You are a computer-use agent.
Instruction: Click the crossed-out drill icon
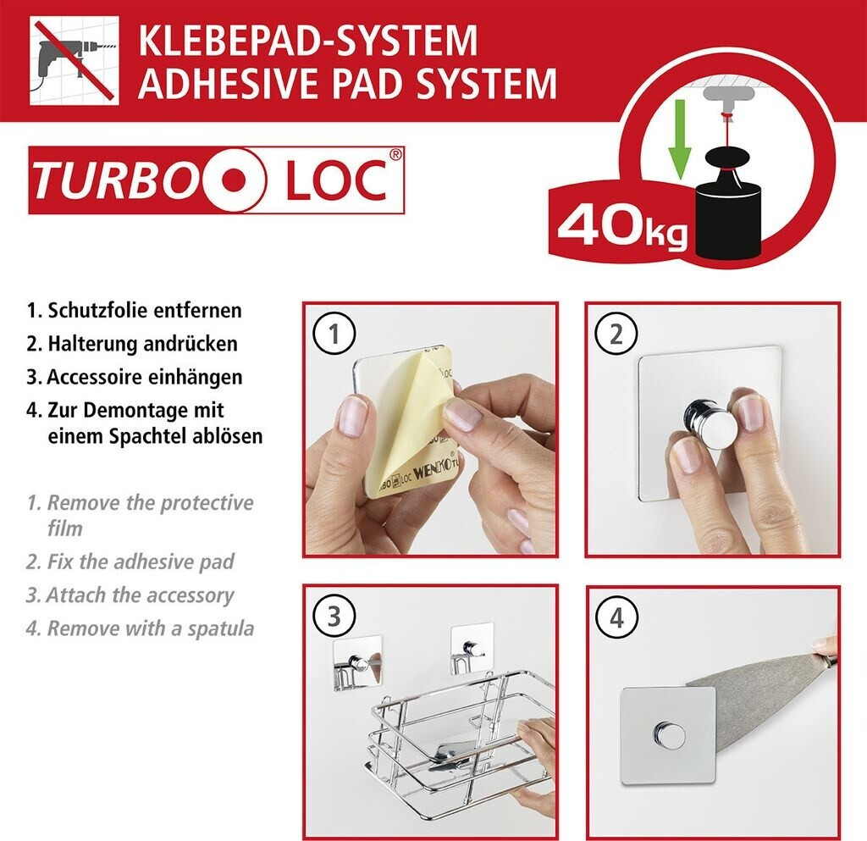tap(75, 60)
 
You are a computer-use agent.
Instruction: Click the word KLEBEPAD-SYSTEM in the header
tap(308, 41)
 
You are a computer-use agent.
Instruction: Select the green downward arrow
tap(680, 140)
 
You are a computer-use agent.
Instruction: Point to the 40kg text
tap(622, 228)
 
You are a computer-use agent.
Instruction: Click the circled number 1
tap(334, 334)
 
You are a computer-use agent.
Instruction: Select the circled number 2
tap(616, 334)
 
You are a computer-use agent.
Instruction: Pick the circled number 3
tap(334, 617)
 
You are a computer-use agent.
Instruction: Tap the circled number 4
tap(616, 617)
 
